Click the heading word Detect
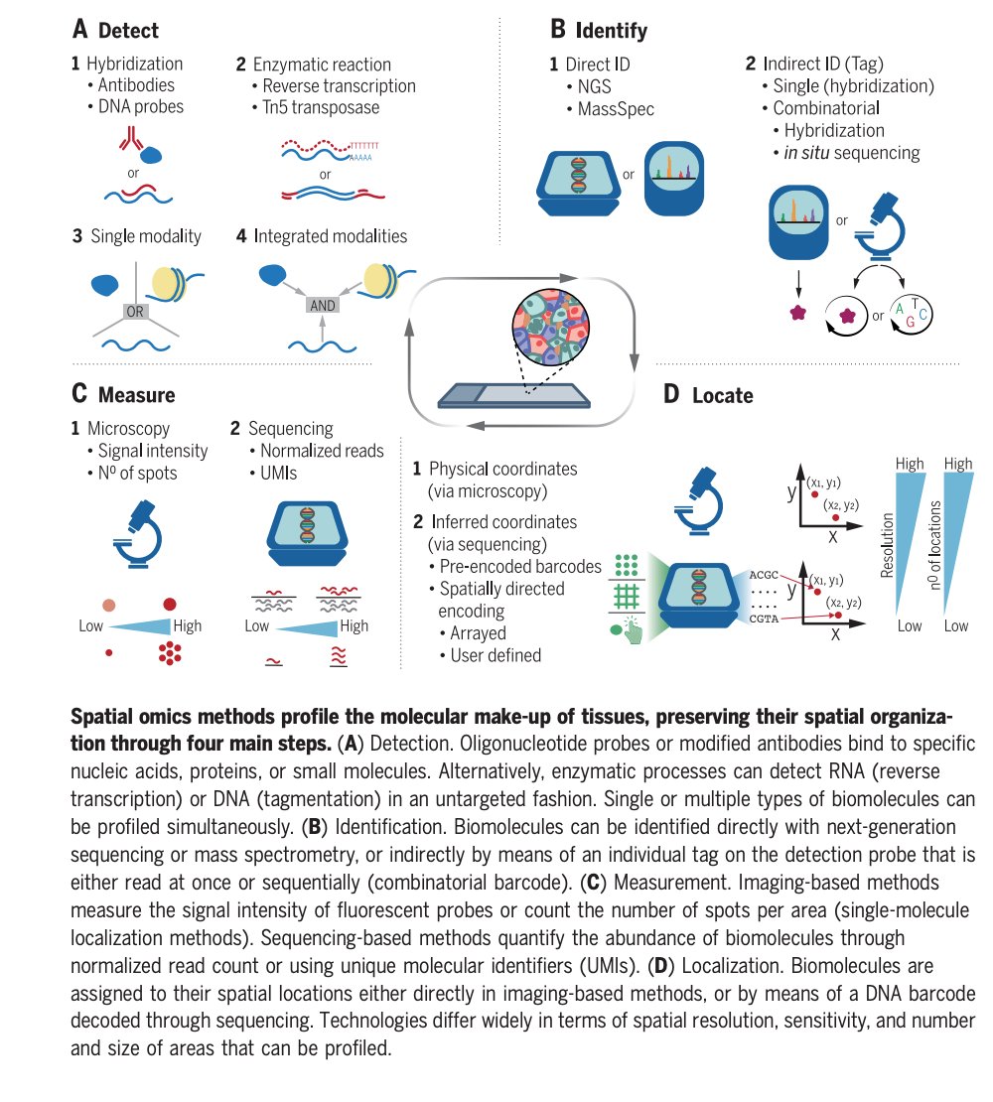(128, 30)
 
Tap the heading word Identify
(611, 30)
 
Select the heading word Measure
(136, 395)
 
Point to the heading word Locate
(723, 396)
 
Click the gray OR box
(135, 312)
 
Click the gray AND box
(323, 305)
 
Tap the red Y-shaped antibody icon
(131, 138)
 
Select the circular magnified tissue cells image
(550, 328)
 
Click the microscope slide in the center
(513, 396)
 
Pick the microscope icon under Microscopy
(138, 534)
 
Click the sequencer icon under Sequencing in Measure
(307, 533)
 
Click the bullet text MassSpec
(616, 109)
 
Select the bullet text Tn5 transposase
(321, 107)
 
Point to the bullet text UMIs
(278, 473)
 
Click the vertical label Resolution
(887, 545)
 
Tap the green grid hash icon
(627, 597)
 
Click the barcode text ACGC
(764, 575)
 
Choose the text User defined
(496, 655)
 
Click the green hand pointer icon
(632, 631)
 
